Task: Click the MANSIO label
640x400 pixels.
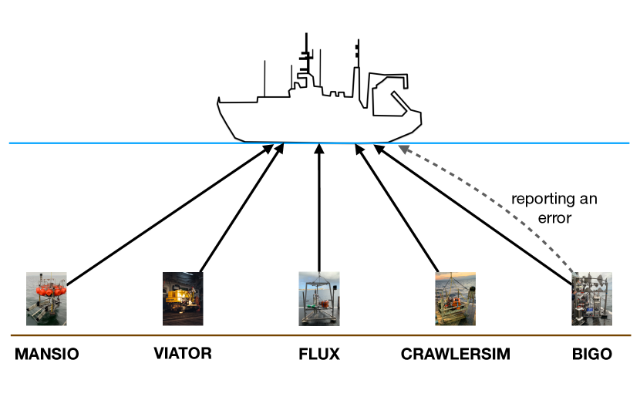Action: click(48, 355)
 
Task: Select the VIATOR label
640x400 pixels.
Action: click(183, 354)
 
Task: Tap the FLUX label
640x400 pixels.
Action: click(319, 355)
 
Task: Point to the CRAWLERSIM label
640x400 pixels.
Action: click(456, 355)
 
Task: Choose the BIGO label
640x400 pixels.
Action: click(591, 355)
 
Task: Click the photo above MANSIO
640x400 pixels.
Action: click(47, 298)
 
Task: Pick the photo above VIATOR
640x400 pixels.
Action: click(183, 298)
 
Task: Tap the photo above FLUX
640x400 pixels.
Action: click(319, 298)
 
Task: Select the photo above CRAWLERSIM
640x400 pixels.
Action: click(456, 298)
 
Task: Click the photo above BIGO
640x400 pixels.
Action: click(591, 298)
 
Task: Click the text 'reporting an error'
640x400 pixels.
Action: click(554, 208)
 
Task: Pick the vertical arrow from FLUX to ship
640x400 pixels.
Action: click(319, 216)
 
